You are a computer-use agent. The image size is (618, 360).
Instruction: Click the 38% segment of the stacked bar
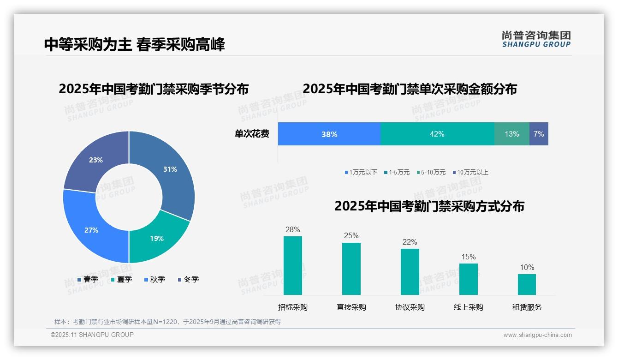point(329,134)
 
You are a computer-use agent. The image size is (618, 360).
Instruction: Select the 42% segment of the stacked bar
point(437,134)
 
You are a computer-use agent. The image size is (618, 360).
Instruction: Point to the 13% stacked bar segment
point(511,134)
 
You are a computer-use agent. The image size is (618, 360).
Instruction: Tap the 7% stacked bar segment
point(539,134)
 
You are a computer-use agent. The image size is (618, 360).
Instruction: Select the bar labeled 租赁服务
point(527,284)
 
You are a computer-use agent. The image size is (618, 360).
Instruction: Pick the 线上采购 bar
point(469,279)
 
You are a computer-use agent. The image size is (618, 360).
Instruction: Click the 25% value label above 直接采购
point(351,235)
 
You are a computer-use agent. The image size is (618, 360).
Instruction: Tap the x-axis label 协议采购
point(410,307)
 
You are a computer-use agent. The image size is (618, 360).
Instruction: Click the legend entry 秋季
point(155,279)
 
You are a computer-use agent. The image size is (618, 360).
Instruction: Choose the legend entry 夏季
point(122,279)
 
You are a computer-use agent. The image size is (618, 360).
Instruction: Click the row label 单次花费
point(252,134)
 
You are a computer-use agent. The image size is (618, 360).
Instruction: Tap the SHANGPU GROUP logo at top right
point(536,39)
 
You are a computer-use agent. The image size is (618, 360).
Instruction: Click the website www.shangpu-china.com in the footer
point(537,335)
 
